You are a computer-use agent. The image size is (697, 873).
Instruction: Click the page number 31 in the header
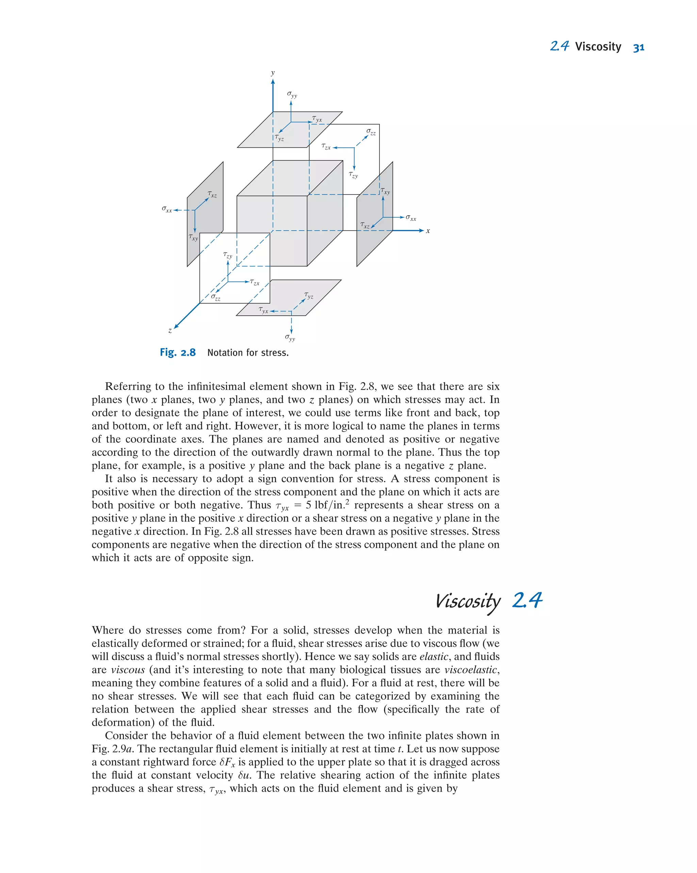point(638,47)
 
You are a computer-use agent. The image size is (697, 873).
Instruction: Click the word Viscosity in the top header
point(598,47)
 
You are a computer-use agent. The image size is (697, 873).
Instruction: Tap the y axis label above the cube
point(272,73)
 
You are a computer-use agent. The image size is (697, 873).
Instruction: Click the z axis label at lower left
point(170,330)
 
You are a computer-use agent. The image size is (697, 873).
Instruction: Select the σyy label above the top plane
point(292,95)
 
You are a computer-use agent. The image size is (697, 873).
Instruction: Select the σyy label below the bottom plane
point(290,337)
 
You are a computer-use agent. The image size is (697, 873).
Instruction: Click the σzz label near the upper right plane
point(371,132)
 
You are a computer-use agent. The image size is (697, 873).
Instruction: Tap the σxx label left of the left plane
point(167,209)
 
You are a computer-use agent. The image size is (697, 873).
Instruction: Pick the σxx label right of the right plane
point(410,218)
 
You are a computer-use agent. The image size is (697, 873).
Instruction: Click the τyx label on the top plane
point(317,119)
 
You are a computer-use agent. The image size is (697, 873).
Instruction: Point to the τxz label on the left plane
point(212,195)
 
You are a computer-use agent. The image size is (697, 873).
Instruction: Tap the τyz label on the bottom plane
point(308,296)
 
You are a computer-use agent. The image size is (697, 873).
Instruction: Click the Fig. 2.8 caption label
point(178,352)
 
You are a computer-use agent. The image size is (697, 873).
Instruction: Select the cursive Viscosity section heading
point(467,601)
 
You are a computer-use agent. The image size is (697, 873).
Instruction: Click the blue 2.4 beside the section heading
point(527,600)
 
